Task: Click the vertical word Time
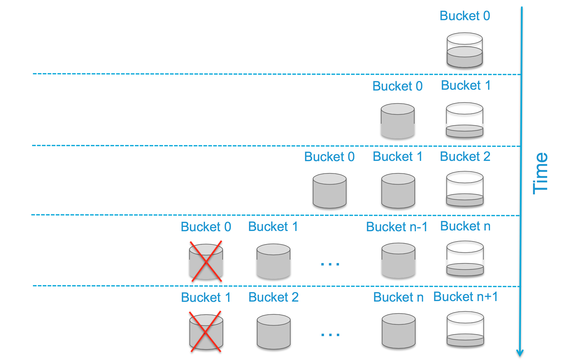tap(540, 173)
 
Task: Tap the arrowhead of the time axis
tap(520, 353)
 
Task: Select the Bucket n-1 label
tap(397, 227)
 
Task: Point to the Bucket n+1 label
tap(466, 297)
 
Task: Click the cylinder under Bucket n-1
tap(398, 260)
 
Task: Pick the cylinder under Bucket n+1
tap(465, 329)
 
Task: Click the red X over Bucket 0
tap(206, 261)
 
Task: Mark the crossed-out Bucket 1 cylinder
tap(206, 332)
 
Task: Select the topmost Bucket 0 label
tap(465, 16)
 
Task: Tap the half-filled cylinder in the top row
tap(465, 50)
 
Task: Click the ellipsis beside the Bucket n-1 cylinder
tap(330, 264)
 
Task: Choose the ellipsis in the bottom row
tap(330, 335)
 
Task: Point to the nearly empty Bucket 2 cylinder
tap(465, 189)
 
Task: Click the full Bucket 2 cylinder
tap(274, 332)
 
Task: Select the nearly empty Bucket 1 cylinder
tap(464, 120)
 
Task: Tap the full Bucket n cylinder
tap(399, 331)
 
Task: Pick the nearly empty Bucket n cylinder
tap(465, 259)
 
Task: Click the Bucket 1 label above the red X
tap(206, 297)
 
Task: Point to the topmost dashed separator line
tap(276, 74)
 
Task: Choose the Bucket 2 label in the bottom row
tap(274, 297)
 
